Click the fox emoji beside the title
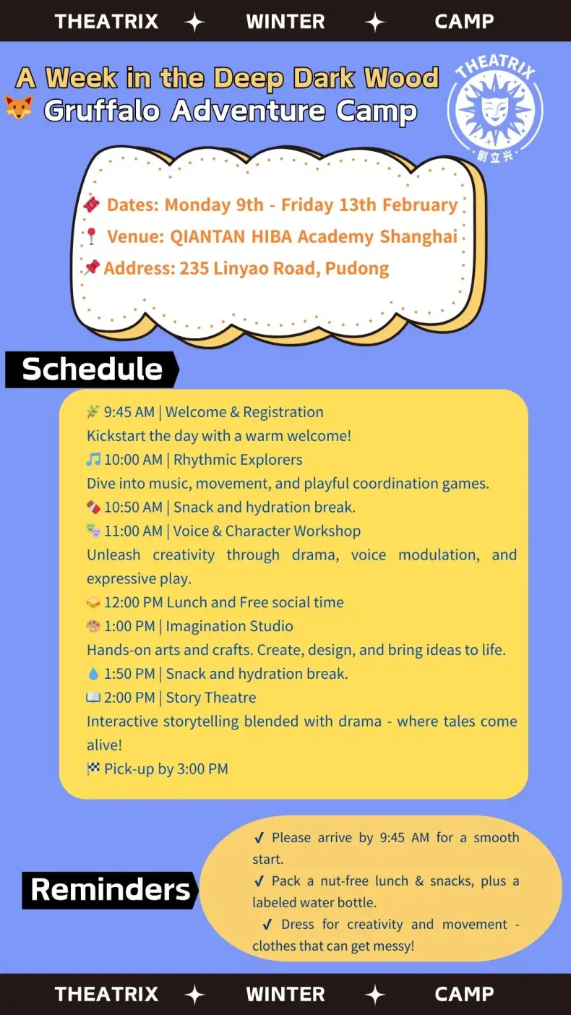point(18,109)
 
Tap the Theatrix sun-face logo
point(494,108)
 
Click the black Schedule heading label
point(92,369)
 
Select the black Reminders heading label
point(110,889)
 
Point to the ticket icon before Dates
point(92,205)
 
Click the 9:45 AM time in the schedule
point(129,412)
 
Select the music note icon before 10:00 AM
point(93,460)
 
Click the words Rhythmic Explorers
point(238,460)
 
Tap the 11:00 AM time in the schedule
point(133,531)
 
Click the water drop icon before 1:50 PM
point(93,674)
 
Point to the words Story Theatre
point(210,698)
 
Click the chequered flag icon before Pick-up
point(93,768)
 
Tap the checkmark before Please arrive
point(259,838)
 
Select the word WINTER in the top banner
point(285,21)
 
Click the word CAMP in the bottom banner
point(464,994)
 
